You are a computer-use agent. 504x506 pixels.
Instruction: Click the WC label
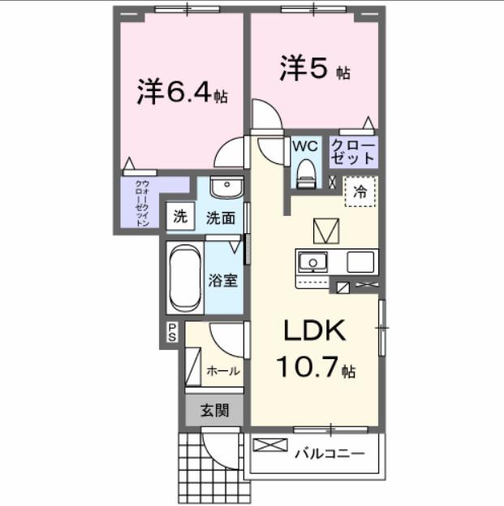tap(304, 146)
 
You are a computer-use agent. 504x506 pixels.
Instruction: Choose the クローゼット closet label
tap(353, 152)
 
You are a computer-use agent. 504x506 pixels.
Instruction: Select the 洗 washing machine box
tap(180, 218)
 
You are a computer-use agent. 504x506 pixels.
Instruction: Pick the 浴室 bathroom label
tap(223, 281)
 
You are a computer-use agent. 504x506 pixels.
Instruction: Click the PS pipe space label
tap(172, 331)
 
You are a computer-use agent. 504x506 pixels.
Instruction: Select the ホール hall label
tap(223, 371)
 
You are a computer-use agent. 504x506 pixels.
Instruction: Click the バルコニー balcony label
tap(330, 452)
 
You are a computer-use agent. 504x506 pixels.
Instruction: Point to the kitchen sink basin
tap(312, 262)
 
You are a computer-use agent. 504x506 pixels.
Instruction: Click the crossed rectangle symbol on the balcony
tap(271, 445)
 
